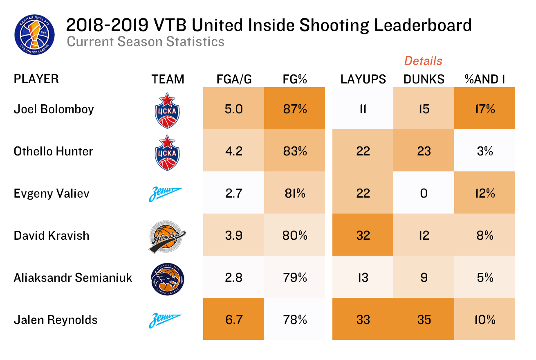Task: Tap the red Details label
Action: click(423, 61)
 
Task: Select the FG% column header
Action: click(295, 79)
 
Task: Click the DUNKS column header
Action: click(424, 79)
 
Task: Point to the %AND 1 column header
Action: click(484, 79)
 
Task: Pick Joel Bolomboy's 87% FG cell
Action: click(295, 109)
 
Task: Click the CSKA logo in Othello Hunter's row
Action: click(167, 152)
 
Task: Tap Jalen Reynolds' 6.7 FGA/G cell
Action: click(234, 319)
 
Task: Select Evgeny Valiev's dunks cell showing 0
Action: click(424, 193)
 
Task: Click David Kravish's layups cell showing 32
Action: click(363, 236)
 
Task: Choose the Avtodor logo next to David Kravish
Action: click(167, 236)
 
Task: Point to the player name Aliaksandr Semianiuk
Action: click(73, 278)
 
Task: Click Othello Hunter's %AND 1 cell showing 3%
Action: click(484, 151)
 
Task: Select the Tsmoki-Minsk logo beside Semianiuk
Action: click(167, 278)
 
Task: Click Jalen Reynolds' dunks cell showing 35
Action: click(424, 319)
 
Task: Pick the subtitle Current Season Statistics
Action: click(145, 42)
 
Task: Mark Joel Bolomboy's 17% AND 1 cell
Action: click(484, 109)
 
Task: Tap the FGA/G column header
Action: click(234, 79)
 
